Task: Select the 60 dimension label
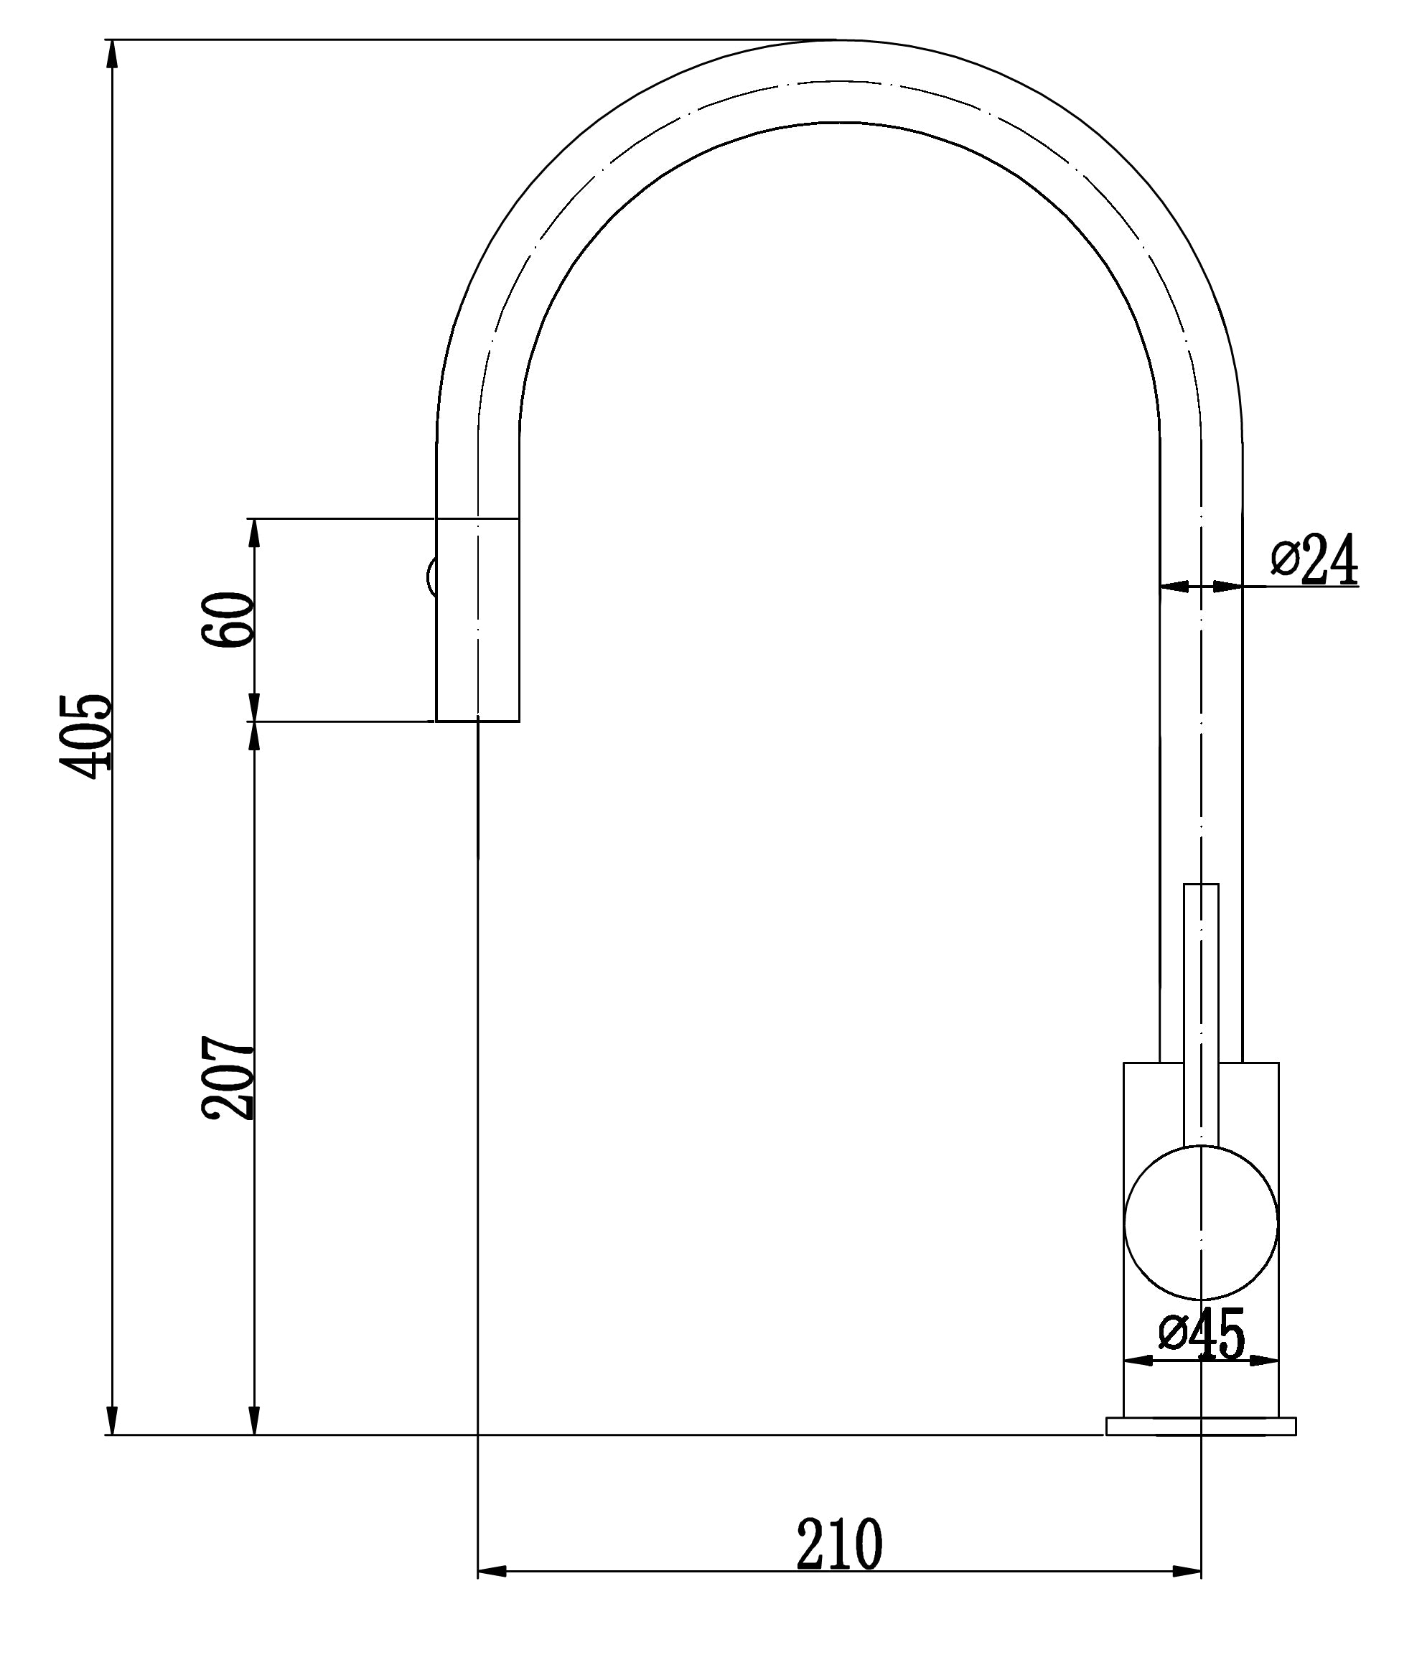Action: (x=228, y=620)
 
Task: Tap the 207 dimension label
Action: (x=228, y=1077)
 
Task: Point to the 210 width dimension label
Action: (x=839, y=1544)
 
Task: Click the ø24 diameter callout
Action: (x=1314, y=559)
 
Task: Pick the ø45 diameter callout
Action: (x=1202, y=1334)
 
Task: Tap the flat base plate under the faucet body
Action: (x=1200, y=1426)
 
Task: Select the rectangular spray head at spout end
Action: (x=477, y=620)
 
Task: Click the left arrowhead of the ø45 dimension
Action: (x=1138, y=1360)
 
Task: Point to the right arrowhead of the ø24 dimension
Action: (x=1227, y=587)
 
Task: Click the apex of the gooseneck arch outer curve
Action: (x=839, y=39)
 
